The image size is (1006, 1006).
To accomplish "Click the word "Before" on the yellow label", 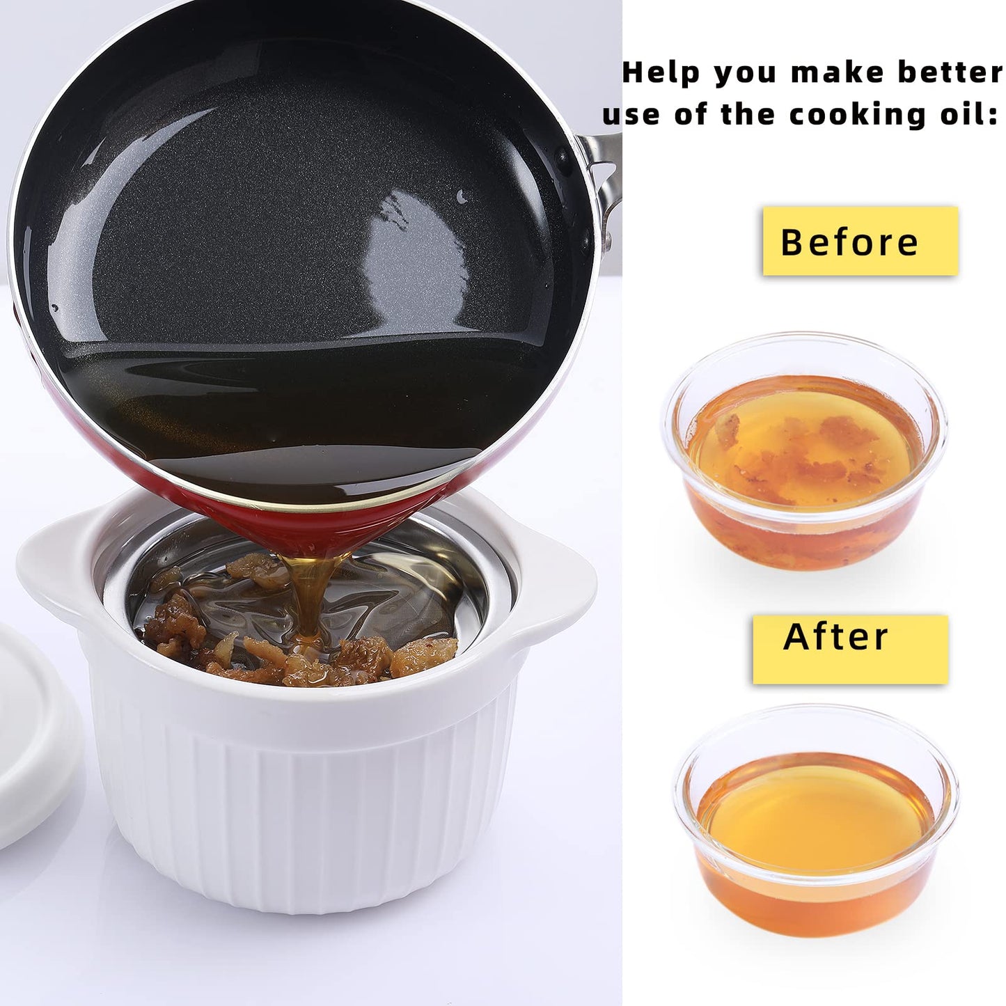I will (849, 242).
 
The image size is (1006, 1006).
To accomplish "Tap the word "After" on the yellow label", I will (836, 637).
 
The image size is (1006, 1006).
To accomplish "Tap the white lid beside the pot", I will (31, 738).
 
